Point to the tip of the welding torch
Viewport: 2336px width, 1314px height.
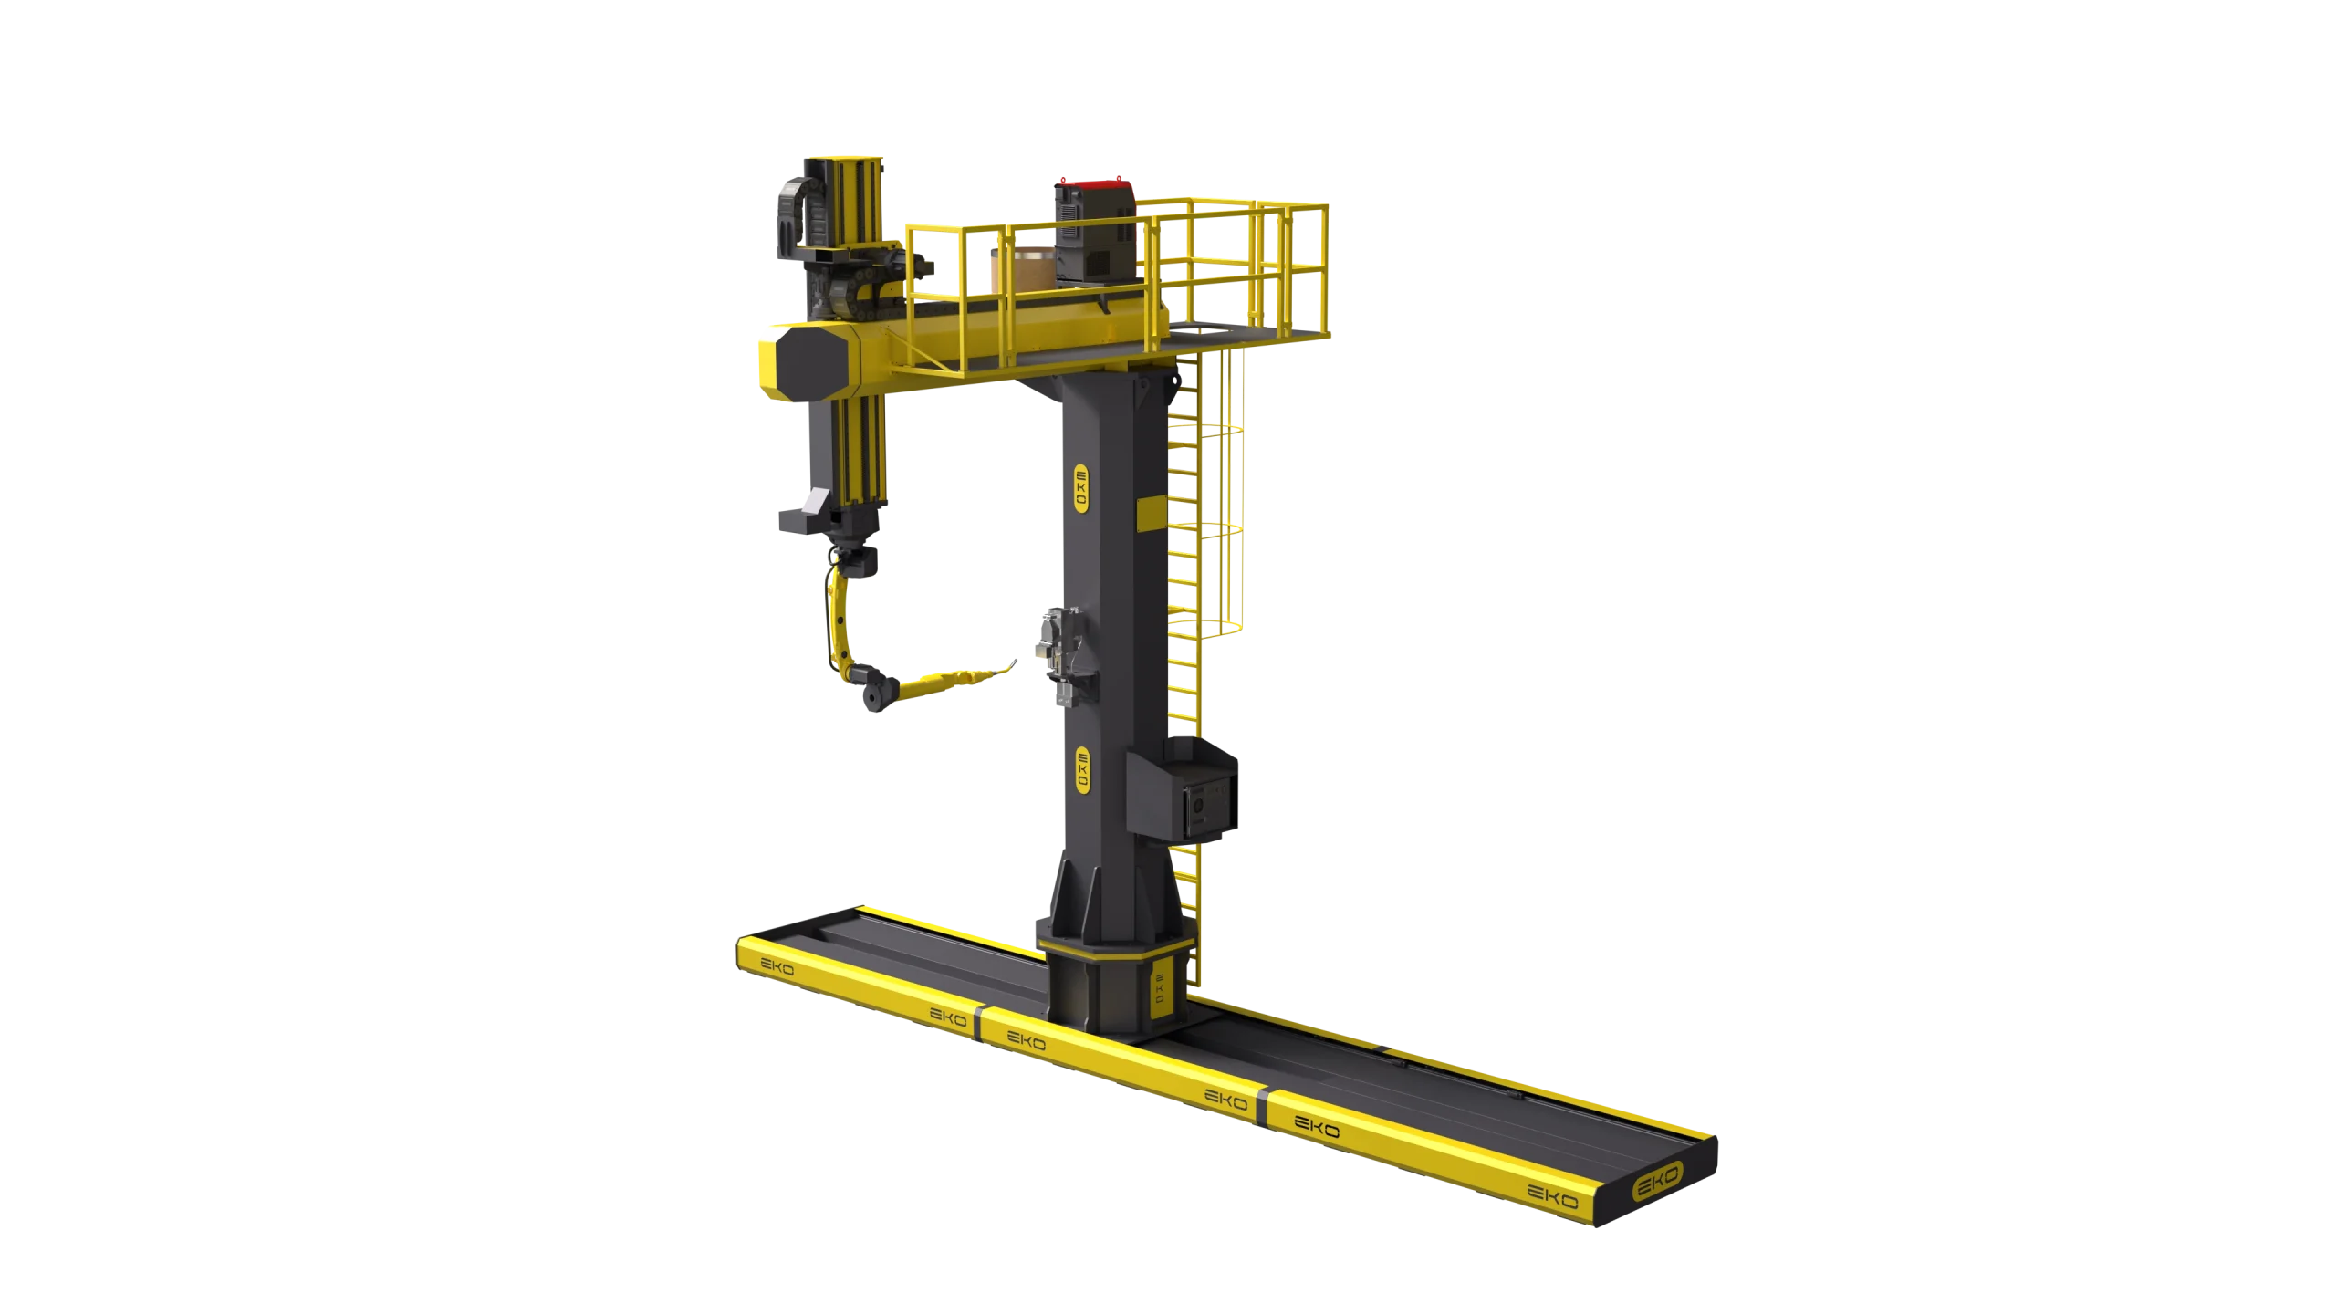pyautogui.click(x=1014, y=662)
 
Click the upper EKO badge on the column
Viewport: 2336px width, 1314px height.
pyautogui.click(x=1081, y=488)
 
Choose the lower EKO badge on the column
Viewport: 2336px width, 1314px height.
pyautogui.click(x=1083, y=769)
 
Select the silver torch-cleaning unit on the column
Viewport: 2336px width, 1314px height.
pyautogui.click(x=1059, y=655)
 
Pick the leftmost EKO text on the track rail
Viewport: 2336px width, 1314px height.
pyautogui.click(x=777, y=965)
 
